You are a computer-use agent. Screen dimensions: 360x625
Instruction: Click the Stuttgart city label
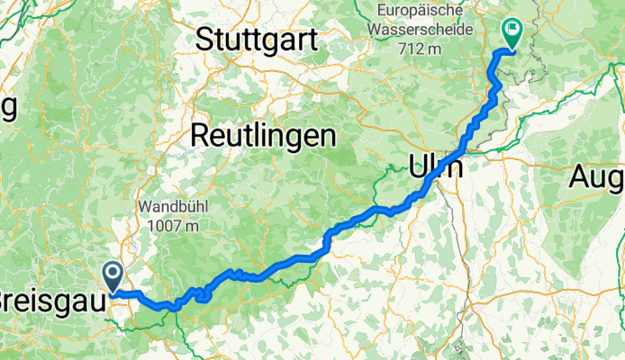[256, 40]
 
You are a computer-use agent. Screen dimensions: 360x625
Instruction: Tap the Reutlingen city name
[263, 136]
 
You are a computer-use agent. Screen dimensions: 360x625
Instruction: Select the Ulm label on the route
[436, 167]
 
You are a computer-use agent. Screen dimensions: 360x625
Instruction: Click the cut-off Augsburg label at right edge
[597, 178]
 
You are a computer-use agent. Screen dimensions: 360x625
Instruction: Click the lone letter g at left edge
[9, 108]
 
